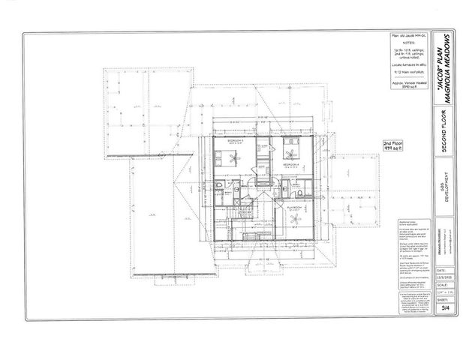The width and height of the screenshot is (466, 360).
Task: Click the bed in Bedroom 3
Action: click(224, 157)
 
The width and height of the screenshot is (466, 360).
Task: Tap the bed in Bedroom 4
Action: click(290, 145)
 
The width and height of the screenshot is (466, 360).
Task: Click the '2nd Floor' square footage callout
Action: click(393, 145)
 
